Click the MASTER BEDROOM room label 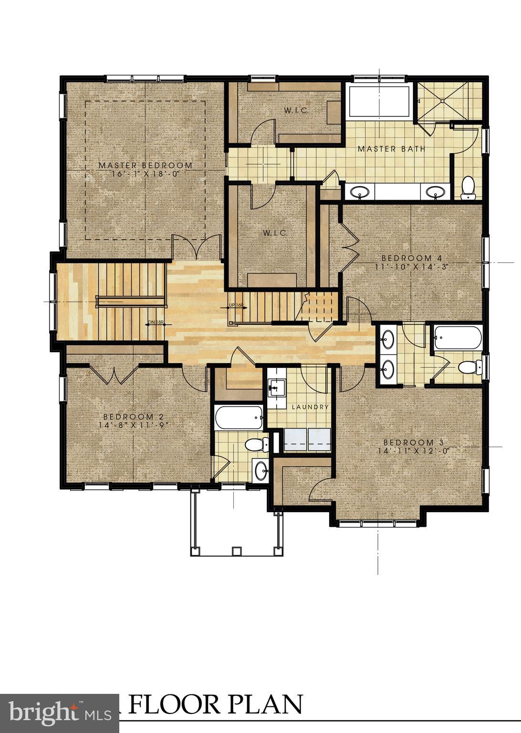pos(146,165)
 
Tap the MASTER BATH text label pos(391,149)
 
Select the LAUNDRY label pos(310,407)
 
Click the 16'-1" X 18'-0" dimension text pos(146,174)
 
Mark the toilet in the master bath pos(469,188)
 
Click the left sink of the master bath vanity pos(359,192)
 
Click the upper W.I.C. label pos(296,110)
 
